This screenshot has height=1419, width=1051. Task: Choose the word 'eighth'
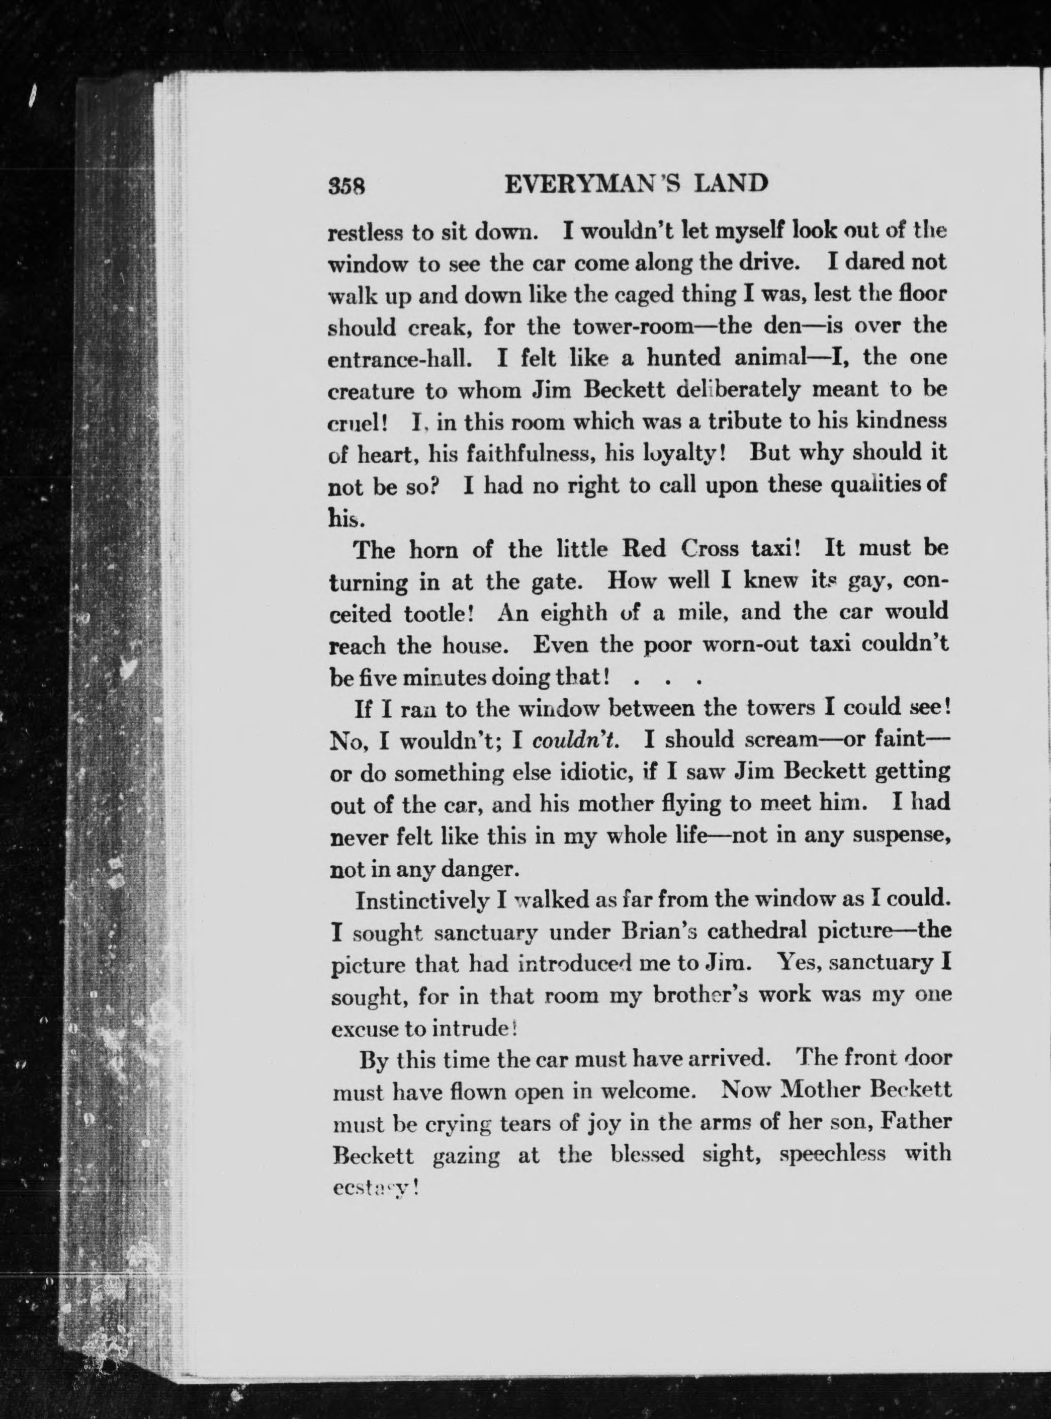pos(574,613)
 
